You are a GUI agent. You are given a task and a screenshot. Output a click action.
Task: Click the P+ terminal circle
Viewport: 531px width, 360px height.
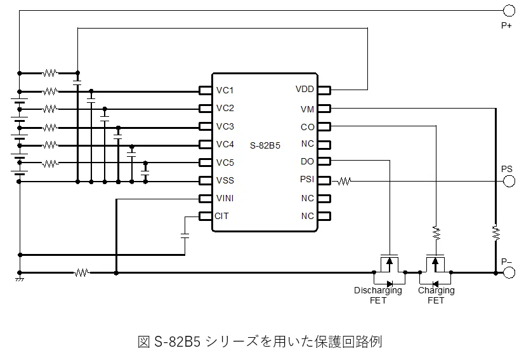coord(509,11)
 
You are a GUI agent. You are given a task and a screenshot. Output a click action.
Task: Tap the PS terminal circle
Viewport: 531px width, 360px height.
coord(509,182)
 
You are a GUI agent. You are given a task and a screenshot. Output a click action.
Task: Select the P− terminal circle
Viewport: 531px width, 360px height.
coord(509,272)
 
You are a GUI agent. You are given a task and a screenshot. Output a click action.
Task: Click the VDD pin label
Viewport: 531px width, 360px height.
coord(305,89)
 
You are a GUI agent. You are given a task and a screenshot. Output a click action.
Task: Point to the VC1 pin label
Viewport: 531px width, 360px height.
coord(225,90)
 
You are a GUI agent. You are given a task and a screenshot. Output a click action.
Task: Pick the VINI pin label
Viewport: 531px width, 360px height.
coord(225,198)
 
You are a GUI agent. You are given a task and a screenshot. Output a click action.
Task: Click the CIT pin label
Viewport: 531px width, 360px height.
coord(221,216)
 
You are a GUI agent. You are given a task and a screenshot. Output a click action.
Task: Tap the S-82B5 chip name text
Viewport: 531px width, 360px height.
coord(265,145)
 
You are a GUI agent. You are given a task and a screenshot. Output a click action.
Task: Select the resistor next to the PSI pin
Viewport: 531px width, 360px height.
coord(344,182)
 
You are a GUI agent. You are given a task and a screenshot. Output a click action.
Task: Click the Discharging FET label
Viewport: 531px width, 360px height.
coord(378,295)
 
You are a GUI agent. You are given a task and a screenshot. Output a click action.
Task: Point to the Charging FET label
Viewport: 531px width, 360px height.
coord(436,295)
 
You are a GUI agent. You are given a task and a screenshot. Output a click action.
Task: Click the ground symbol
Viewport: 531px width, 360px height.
coord(20,279)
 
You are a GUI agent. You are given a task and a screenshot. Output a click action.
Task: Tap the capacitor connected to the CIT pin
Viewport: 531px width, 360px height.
coord(185,236)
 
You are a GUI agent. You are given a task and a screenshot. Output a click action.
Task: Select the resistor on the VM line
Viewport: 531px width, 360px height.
coord(496,233)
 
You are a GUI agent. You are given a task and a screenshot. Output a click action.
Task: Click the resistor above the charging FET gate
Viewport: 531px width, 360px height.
coord(436,233)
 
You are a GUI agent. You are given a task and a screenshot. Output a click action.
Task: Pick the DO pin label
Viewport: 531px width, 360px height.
coord(307,161)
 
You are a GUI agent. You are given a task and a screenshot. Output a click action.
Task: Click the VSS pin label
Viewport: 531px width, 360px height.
coord(225,180)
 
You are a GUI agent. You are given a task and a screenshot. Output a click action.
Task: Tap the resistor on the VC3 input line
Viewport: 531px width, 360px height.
coord(49,128)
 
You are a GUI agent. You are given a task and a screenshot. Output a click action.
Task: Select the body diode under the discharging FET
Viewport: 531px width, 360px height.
coord(390,284)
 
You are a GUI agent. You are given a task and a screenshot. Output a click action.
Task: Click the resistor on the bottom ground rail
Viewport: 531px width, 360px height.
coord(82,272)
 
